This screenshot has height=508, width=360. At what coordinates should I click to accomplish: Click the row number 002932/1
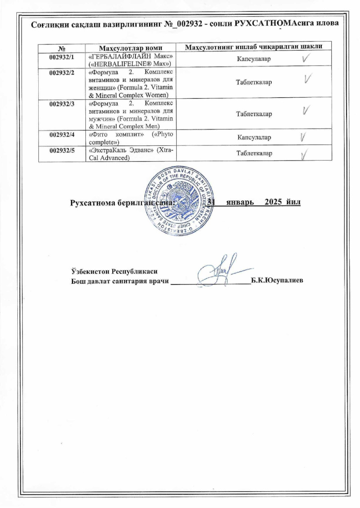[x=63, y=56]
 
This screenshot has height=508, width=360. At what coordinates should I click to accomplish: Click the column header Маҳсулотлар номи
[x=129, y=47]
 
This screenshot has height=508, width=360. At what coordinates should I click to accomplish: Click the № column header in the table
[x=63, y=48]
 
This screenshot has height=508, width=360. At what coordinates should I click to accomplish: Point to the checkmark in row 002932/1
[x=307, y=58]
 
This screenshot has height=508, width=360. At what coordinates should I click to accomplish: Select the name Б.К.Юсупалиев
[x=277, y=281]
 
